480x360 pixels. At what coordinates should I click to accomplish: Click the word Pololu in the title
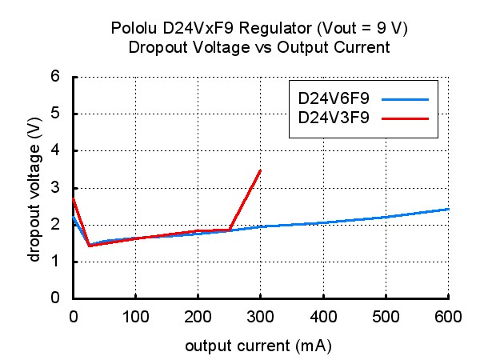point(134,28)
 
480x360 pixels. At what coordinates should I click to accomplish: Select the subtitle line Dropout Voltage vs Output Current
point(259,47)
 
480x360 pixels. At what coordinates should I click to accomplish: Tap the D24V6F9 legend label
point(334,98)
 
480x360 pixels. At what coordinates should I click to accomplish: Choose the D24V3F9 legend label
point(334,118)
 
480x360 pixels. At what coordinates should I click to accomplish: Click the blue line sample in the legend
point(405,99)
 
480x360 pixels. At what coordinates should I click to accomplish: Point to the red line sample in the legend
point(405,118)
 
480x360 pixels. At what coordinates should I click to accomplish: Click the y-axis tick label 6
point(55,76)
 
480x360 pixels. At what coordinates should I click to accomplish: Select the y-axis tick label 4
point(55,150)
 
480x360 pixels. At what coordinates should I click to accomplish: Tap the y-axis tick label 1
point(55,261)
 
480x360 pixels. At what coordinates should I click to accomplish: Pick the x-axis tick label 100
point(136,317)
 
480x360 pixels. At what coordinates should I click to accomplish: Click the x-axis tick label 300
point(260,317)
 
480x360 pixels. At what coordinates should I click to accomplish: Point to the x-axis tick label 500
point(386,317)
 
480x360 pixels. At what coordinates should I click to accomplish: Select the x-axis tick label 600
point(448,317)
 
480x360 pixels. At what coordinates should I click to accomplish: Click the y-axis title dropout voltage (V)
point(34,190)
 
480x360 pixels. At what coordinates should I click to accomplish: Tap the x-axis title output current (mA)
point(258,346)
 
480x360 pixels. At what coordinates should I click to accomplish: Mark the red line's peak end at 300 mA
point(260,170)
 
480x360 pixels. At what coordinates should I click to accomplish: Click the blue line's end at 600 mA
point(448,209)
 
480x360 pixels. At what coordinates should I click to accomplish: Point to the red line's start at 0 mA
point(73,198)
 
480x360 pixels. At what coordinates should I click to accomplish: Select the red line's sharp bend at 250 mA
point(229,230)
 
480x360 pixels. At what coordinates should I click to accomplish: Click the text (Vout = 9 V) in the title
point(362,29)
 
